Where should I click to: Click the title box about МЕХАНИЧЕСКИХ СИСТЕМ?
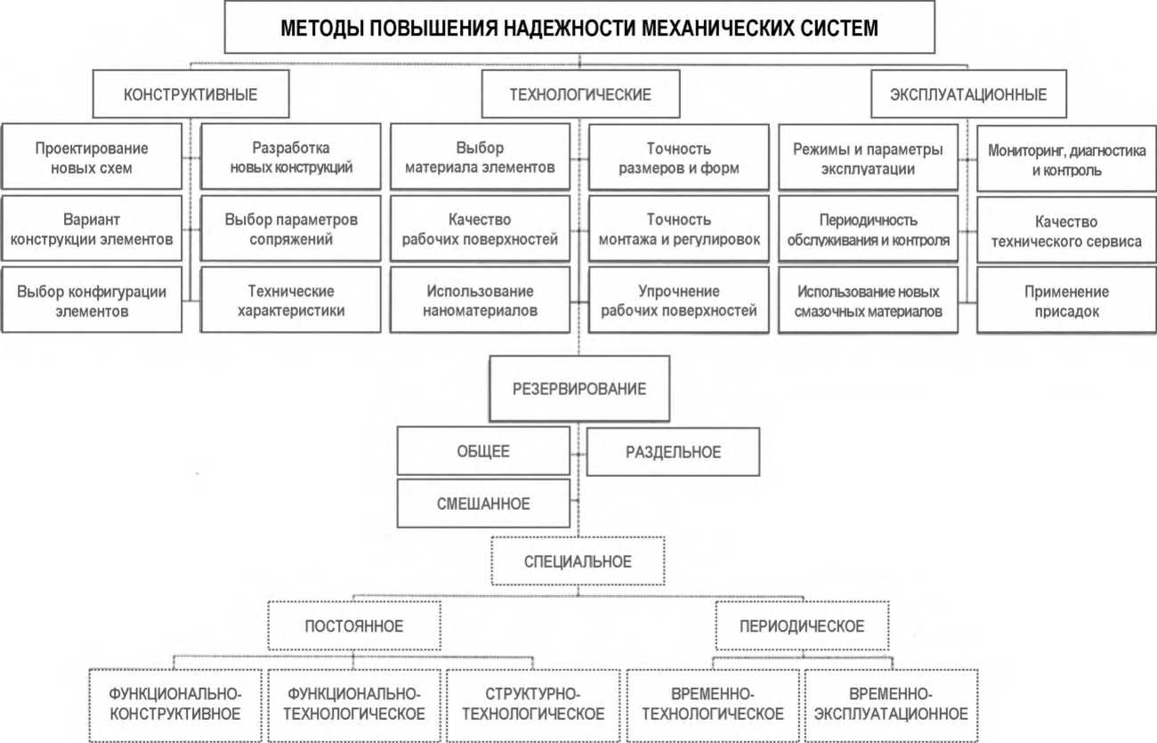[x=579, y=28]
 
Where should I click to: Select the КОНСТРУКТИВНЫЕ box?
[x=190, y=94]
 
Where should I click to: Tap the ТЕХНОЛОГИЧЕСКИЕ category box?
[x=579, y=94]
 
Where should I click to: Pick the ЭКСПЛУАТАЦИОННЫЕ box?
[x=968, y=94]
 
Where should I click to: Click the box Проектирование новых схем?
[x=93, y=157]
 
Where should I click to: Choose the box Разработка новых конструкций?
[x=290, y=157]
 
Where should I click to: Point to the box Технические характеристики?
[x=290, y=301]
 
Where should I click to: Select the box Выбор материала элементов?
[x=480, y=157]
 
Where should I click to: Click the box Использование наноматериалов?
[x=480, y=301]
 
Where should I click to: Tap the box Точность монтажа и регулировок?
[x=679, y=229]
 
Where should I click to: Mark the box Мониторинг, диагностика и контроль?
[x=1066, y=159]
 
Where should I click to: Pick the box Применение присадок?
[x=1066, y=301]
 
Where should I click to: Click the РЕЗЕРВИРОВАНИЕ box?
[x=579, y=389]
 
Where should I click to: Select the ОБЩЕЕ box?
[x=483, y=451]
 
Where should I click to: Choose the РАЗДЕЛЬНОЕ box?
[x=673, y=452]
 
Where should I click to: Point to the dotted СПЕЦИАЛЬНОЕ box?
[x=578, y=561]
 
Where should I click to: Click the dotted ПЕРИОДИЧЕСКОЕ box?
[x=801, y=626]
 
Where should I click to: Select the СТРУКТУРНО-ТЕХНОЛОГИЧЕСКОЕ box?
[x=533, y=704]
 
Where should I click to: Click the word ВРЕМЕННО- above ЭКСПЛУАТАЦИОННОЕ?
[x=890, y=693]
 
